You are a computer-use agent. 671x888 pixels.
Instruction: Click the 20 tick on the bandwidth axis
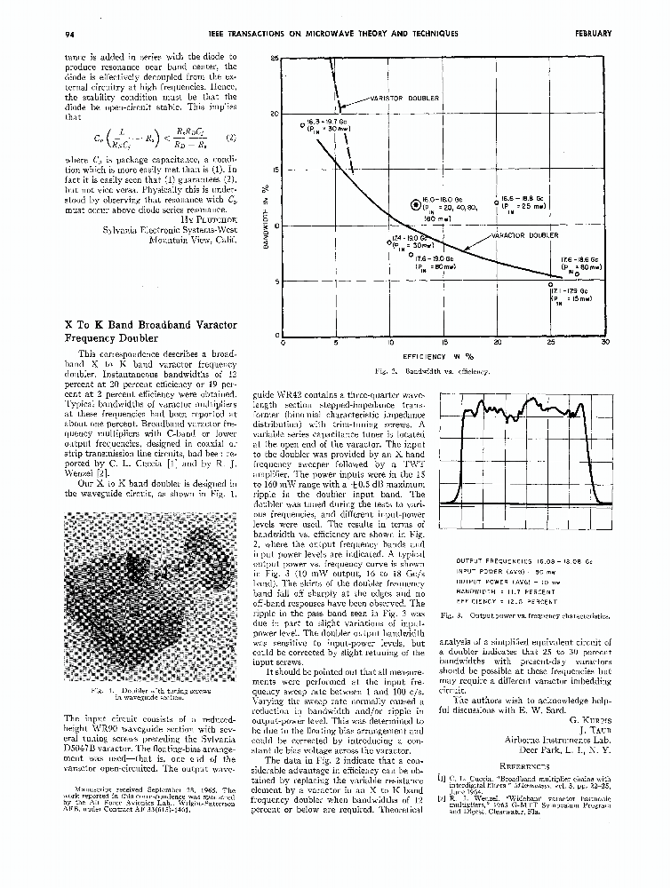point(275,114)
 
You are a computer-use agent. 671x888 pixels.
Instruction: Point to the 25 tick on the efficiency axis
point(551,342)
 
